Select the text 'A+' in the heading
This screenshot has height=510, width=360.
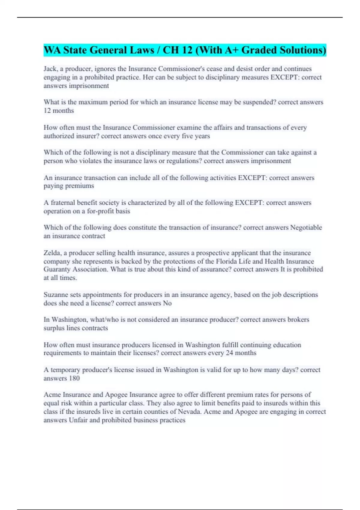point(228,50)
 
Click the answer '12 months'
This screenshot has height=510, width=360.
point(59,111)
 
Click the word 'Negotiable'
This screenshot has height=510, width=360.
point(306,228)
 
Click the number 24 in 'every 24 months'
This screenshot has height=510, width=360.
point(229,353)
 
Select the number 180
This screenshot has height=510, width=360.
point(74,378)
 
